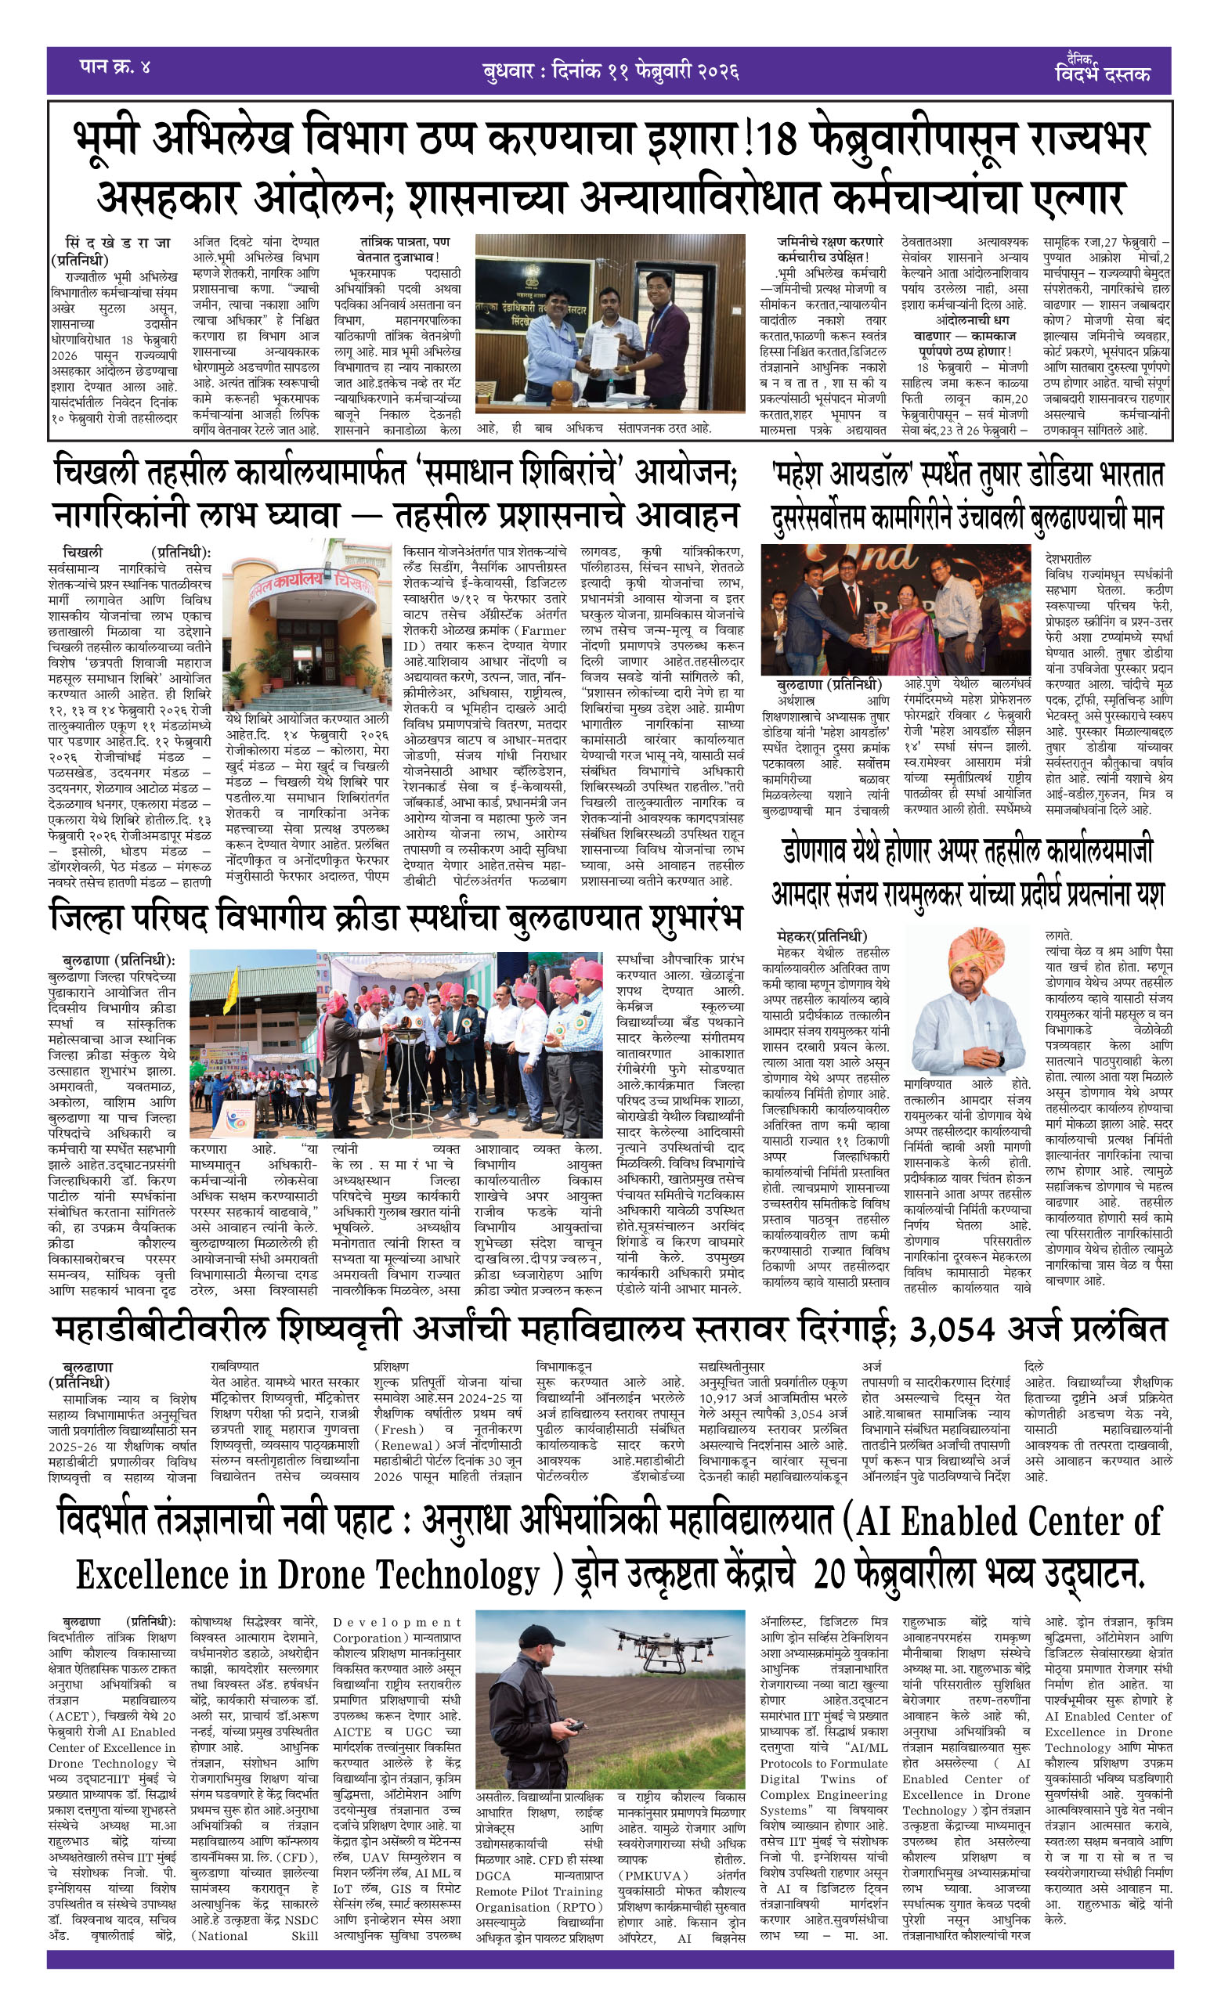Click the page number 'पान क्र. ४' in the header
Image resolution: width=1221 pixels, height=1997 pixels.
[114, 67]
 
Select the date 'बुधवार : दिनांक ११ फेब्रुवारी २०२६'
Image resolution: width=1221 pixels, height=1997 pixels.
[609, 71]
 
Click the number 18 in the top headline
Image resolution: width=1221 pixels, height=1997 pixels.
[778, 139]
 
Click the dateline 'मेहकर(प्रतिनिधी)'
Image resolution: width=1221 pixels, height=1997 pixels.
[821, 936]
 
